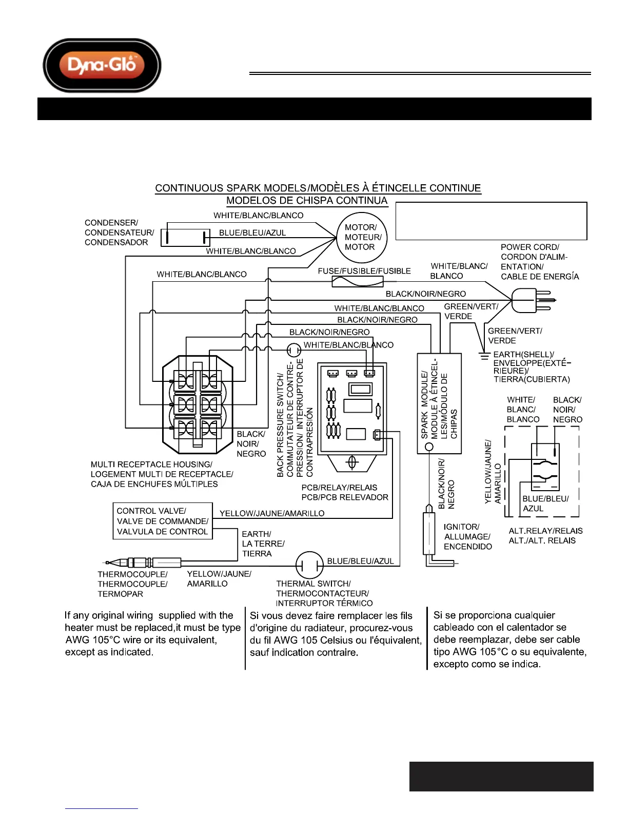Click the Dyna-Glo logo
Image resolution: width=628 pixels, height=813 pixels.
coord(102,65)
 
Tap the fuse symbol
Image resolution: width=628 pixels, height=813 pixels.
coord(357,281)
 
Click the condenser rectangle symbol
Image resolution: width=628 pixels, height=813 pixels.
coord(186,237)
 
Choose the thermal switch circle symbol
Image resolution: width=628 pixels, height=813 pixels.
coord(309,566)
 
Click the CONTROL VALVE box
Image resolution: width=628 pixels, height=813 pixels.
coord(162,521)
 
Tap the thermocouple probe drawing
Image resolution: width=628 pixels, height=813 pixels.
coord(144,563)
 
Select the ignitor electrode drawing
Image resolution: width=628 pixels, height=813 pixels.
coord(429,534)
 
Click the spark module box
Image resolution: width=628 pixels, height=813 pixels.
coord(439,403)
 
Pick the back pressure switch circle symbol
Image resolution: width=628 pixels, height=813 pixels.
coord(293,350)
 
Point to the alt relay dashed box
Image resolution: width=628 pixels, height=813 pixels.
coord(542,471)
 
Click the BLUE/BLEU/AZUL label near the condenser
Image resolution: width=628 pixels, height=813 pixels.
coord(252,233)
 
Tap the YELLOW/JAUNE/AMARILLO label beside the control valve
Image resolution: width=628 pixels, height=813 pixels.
coord(272,513)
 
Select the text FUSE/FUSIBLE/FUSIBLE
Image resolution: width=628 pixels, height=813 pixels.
coord(364,271)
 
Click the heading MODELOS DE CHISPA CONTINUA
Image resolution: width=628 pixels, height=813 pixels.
coord(307,201)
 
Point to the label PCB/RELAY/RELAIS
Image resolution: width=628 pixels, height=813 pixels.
coord(339,488)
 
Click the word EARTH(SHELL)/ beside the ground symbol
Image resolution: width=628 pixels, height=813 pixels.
coord(523,355)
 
